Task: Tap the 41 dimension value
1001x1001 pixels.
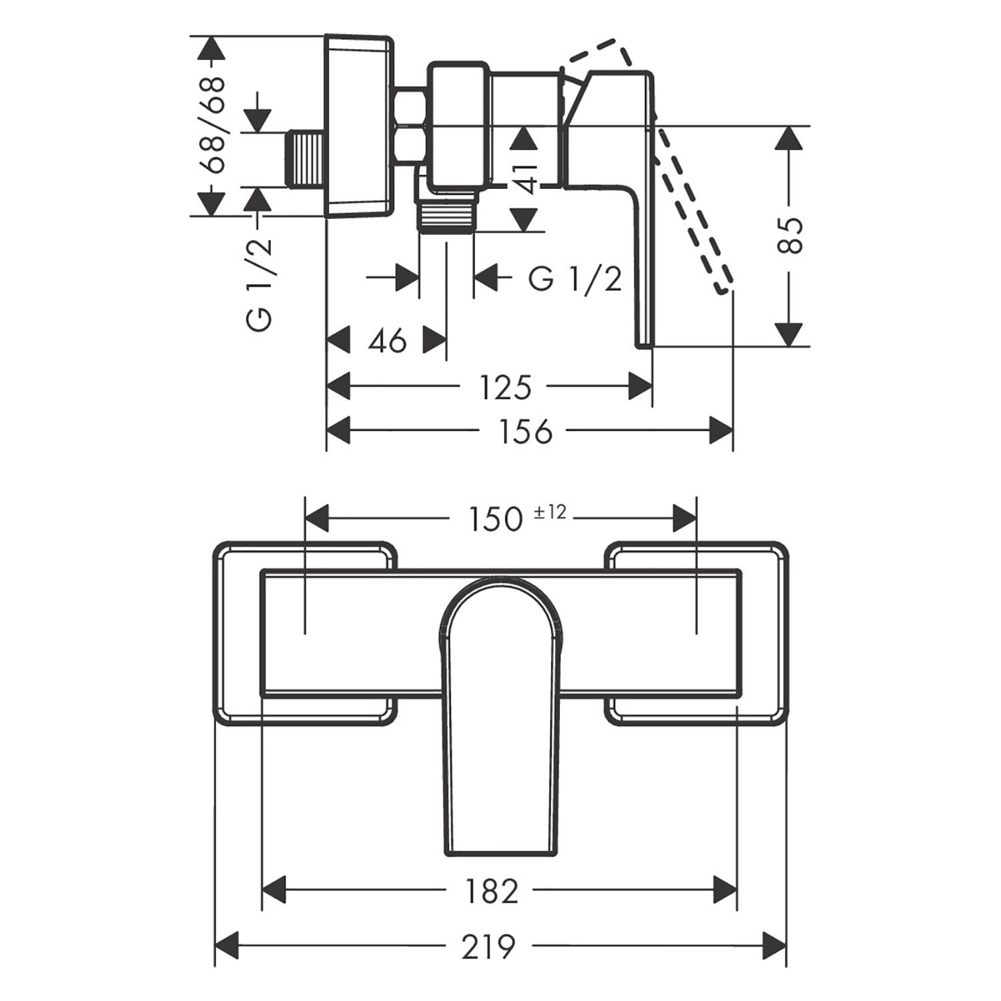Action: [x=527, y=178]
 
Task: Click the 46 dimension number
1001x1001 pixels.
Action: [x=388, y=341]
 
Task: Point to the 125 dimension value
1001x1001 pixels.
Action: [x=505, y=387]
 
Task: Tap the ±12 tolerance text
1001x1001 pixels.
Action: [x=550, y=511]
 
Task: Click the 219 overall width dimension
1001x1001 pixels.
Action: [x=489, y=946]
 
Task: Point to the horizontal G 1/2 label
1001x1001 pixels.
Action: [x=575, y=278]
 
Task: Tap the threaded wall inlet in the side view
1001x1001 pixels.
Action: [x=306, y=158]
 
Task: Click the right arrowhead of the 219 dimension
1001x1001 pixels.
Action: [x=774, y=946]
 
